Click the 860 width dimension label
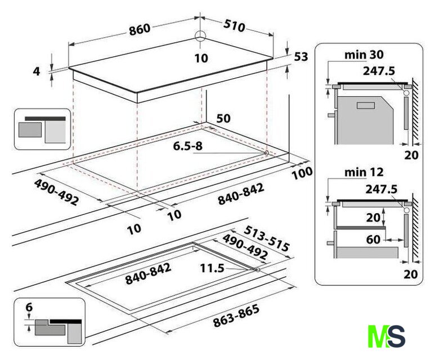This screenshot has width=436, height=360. coord(140,29)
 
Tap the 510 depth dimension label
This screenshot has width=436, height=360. coord(234,26)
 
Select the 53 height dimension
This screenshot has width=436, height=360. coord(301,57)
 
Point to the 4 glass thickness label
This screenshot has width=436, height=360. coord(37,71)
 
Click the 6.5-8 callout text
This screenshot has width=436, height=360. coord(188,146)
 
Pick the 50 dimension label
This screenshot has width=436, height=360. coord(223,119)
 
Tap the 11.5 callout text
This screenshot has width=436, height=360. coord(212,268)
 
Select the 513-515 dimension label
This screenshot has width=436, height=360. coord(267,238)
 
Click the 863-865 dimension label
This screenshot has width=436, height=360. coord(236,316)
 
